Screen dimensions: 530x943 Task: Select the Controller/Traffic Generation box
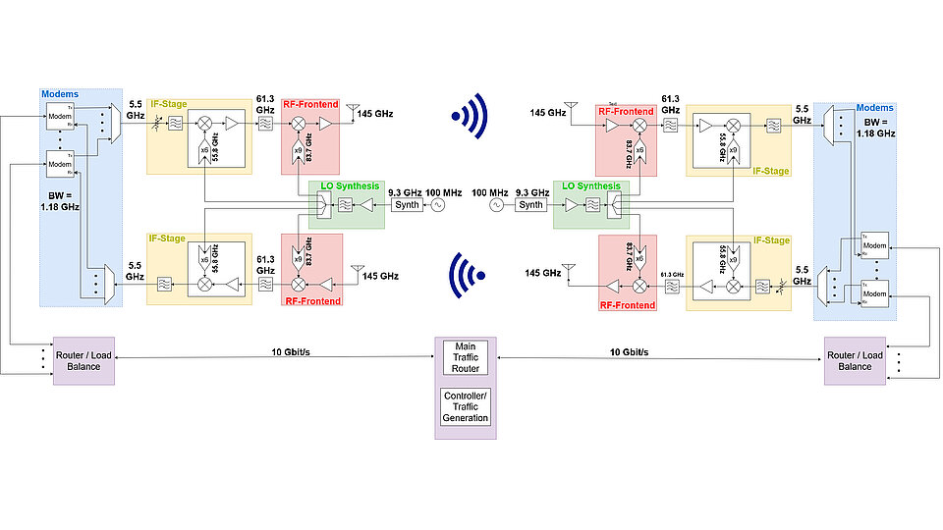coord(466,405)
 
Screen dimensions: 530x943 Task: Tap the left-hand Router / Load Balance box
coord(83,359)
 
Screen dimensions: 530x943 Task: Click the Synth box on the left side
coord(406,205)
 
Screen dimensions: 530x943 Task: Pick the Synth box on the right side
coord(531,205)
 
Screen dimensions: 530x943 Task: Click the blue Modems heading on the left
coord(59,94)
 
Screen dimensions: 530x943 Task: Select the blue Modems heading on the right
coord(874,107)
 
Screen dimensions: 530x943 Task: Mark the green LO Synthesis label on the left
coord(344,185)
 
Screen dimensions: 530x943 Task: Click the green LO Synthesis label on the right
coord(589,185)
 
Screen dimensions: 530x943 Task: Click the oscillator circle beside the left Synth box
coord(431,205)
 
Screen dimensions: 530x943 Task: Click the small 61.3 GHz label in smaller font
coord(671,276)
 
